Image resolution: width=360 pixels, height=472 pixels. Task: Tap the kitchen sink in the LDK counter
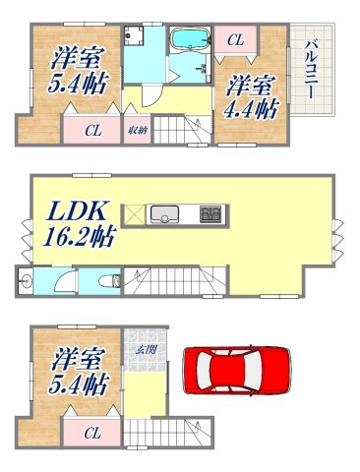coord(162,213)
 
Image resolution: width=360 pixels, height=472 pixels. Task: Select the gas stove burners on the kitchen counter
coord(211,213)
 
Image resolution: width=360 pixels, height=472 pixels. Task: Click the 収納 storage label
coord(137,129)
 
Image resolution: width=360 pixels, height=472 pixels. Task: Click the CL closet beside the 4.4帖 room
coord(235,40)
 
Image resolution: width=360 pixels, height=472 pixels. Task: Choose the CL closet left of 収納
coord(90,130)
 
